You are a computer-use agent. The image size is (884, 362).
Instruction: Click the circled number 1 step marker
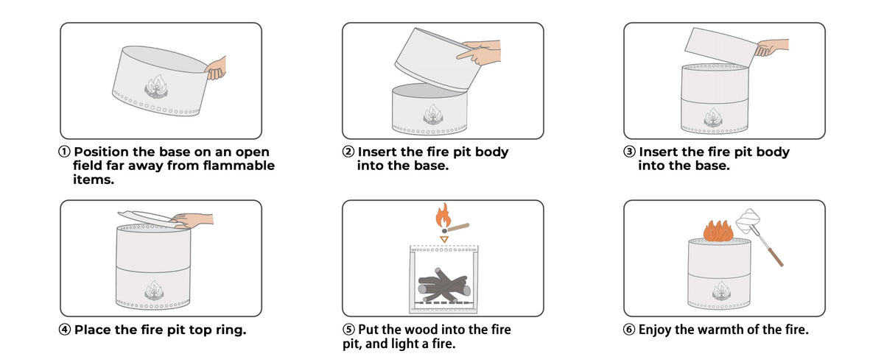(x=64, y=152)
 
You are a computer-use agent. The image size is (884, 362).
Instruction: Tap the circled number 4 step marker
(x=65, y=330)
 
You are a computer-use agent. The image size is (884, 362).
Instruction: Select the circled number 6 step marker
(x=629, y=330)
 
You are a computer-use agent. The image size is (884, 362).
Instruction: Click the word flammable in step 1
(x=239, y=166)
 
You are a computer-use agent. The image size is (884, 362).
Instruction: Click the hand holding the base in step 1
(x=217, y=68)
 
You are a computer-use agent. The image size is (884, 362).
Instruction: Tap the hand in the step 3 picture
(x=771, y=47)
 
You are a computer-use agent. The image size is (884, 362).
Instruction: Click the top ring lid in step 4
(x=147, y=219)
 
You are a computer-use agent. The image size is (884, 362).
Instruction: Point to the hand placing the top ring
(x=193, y=221)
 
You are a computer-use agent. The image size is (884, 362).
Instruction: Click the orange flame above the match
(x=443, y=215)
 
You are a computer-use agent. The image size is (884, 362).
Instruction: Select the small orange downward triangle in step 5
(x=444, y=239)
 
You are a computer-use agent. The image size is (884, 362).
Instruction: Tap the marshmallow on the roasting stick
(x=748, y=221)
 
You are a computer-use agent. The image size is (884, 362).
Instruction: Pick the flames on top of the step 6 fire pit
(x=718, y=231)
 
